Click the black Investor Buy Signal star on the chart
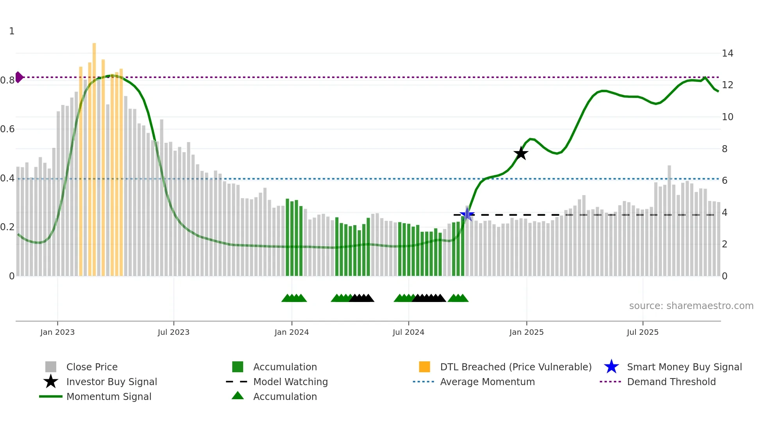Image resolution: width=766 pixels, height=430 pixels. [x=521, y=153]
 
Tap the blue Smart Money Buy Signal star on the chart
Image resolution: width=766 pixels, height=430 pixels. [x=467, y=214]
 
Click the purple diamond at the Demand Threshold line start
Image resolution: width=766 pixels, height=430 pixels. [x=19, y=77]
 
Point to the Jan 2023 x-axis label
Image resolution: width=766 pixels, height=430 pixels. [x=57, y=332]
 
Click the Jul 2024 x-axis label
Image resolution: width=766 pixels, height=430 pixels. [x=408, y=332]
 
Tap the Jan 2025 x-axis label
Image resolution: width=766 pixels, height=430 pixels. [x=526, y=332]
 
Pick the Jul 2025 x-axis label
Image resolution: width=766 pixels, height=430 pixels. [x=643, y=332]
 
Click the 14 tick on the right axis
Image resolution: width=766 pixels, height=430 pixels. [x=727, y=53]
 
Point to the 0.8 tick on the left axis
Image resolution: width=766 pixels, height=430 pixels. [x=7, y=80]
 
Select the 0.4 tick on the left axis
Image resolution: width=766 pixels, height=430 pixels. [x=7, y=178]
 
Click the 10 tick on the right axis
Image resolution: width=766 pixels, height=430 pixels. [x=727, y=117]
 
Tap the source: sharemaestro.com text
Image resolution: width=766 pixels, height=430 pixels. [x=691, y=306]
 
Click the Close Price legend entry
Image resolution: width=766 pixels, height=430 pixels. [x=92, y=367]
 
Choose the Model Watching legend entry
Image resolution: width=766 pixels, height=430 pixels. [x=290, y=382]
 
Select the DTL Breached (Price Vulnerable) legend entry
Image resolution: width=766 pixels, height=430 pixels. [x=515, y=367]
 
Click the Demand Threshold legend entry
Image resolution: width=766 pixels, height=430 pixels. [x=671, y=382]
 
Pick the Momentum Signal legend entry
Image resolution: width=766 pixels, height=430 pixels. [x=109, y=396]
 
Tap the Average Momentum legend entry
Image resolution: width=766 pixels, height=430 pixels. [x=487, y=382]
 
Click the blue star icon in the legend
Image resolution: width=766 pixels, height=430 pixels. [x=611, y=367]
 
